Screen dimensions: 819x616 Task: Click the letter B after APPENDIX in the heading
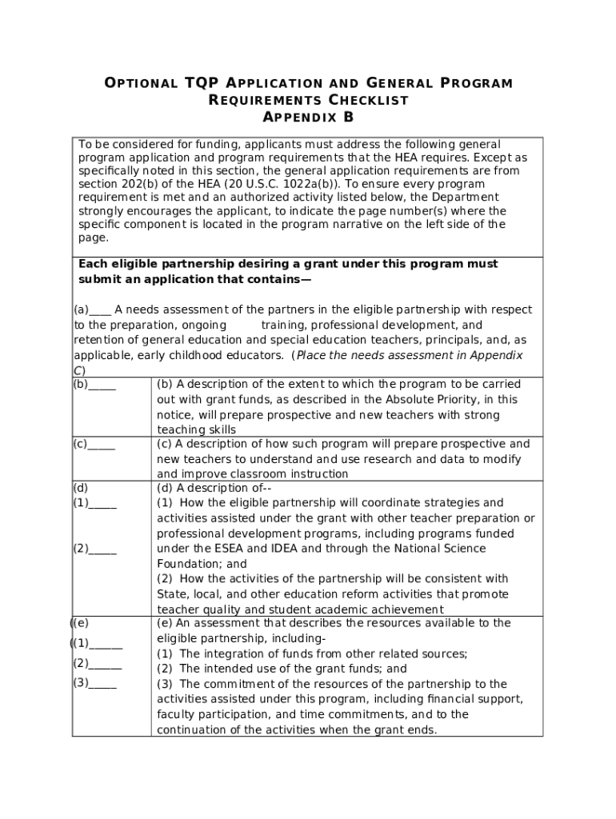348,118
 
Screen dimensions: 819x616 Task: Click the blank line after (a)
100,310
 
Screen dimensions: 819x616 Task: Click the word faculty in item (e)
177,714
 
